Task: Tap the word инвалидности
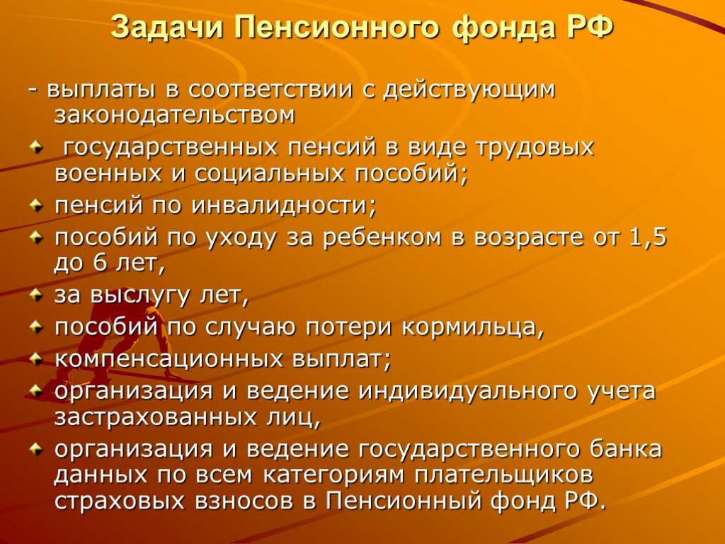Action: [292, 207]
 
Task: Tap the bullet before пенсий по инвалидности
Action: [36, 206]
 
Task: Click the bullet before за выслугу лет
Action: [36, 296]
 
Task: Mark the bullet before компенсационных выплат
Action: [36, 359]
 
